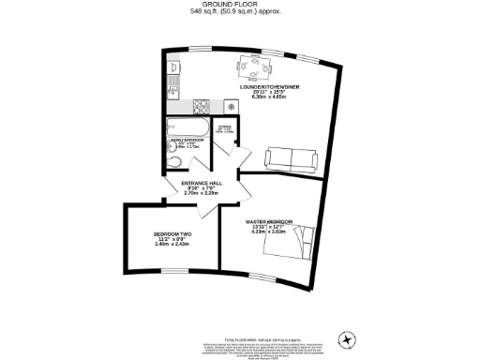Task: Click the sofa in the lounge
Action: pos(292,159)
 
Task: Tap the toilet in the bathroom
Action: pos(172,160)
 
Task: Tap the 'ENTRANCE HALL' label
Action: pos(201,183)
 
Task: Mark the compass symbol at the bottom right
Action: pos(349,338)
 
